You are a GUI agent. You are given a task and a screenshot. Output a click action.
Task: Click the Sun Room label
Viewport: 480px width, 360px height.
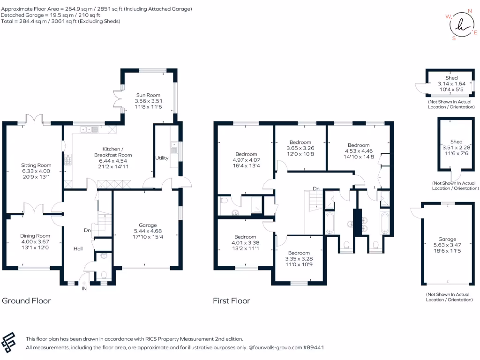148,95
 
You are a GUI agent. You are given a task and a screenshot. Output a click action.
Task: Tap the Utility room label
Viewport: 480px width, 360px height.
162,158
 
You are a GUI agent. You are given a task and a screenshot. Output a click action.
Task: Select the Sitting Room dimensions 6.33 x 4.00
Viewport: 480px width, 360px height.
36,171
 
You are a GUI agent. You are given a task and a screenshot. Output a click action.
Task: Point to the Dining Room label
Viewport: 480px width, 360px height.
35,236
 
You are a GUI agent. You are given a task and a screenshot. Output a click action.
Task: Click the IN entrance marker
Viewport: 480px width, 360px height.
84,288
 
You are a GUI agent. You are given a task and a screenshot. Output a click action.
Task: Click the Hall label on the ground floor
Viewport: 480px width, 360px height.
78,248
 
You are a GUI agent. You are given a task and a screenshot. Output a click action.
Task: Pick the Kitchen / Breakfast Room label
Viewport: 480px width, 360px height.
113,152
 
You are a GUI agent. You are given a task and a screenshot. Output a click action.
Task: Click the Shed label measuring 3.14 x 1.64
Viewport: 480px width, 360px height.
451,78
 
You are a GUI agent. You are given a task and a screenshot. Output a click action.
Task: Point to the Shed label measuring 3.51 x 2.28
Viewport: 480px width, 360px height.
457,142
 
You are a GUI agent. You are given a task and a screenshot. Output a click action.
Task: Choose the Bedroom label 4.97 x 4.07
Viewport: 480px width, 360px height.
246,154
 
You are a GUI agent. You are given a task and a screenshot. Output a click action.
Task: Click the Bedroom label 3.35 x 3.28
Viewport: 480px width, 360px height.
299,253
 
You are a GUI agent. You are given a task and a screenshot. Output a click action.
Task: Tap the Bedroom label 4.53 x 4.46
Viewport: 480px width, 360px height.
359,145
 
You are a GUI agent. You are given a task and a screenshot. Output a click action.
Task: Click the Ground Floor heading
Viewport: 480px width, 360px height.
26,300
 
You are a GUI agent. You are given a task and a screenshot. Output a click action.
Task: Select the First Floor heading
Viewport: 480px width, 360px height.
232,300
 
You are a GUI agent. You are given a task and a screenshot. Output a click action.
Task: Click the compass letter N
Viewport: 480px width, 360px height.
470,11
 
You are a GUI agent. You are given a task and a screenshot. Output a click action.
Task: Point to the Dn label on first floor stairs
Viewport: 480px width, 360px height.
316,188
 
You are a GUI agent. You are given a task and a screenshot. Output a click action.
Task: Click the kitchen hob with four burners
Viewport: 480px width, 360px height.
68,159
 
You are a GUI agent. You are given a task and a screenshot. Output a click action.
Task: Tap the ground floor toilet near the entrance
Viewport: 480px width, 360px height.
104,275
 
